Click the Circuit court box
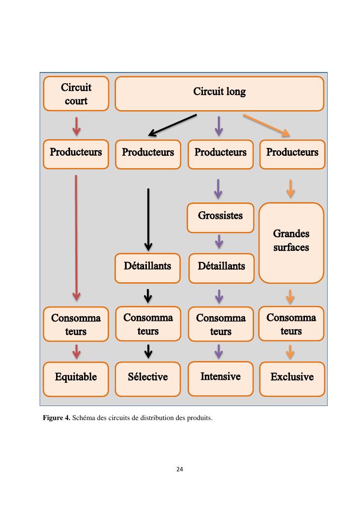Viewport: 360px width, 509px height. [x=76, y=94]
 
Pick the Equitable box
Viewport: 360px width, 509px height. [x=76, y=377]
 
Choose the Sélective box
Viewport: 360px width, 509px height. [x=148, y=377]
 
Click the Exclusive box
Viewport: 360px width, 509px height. [x=292, y=377]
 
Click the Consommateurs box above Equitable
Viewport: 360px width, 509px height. [x=76, y=325]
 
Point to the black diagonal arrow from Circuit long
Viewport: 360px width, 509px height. [x=172, y=125]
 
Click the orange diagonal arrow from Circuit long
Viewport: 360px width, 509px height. [x=266, y=125]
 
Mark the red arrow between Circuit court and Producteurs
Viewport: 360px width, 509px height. [x=76, y=125]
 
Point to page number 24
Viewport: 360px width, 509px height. [x=180, y=469]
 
